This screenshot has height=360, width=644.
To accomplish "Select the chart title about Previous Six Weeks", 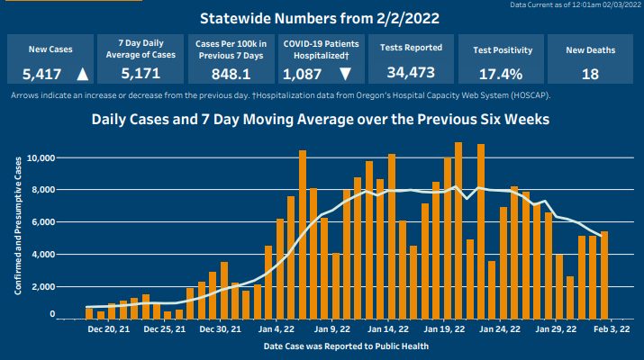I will [321, 118].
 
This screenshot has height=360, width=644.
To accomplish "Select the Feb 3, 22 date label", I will [612, 330].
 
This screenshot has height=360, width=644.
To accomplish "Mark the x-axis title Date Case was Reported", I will [334, 346].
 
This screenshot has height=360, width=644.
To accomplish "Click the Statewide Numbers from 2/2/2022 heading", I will [321, 18].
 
